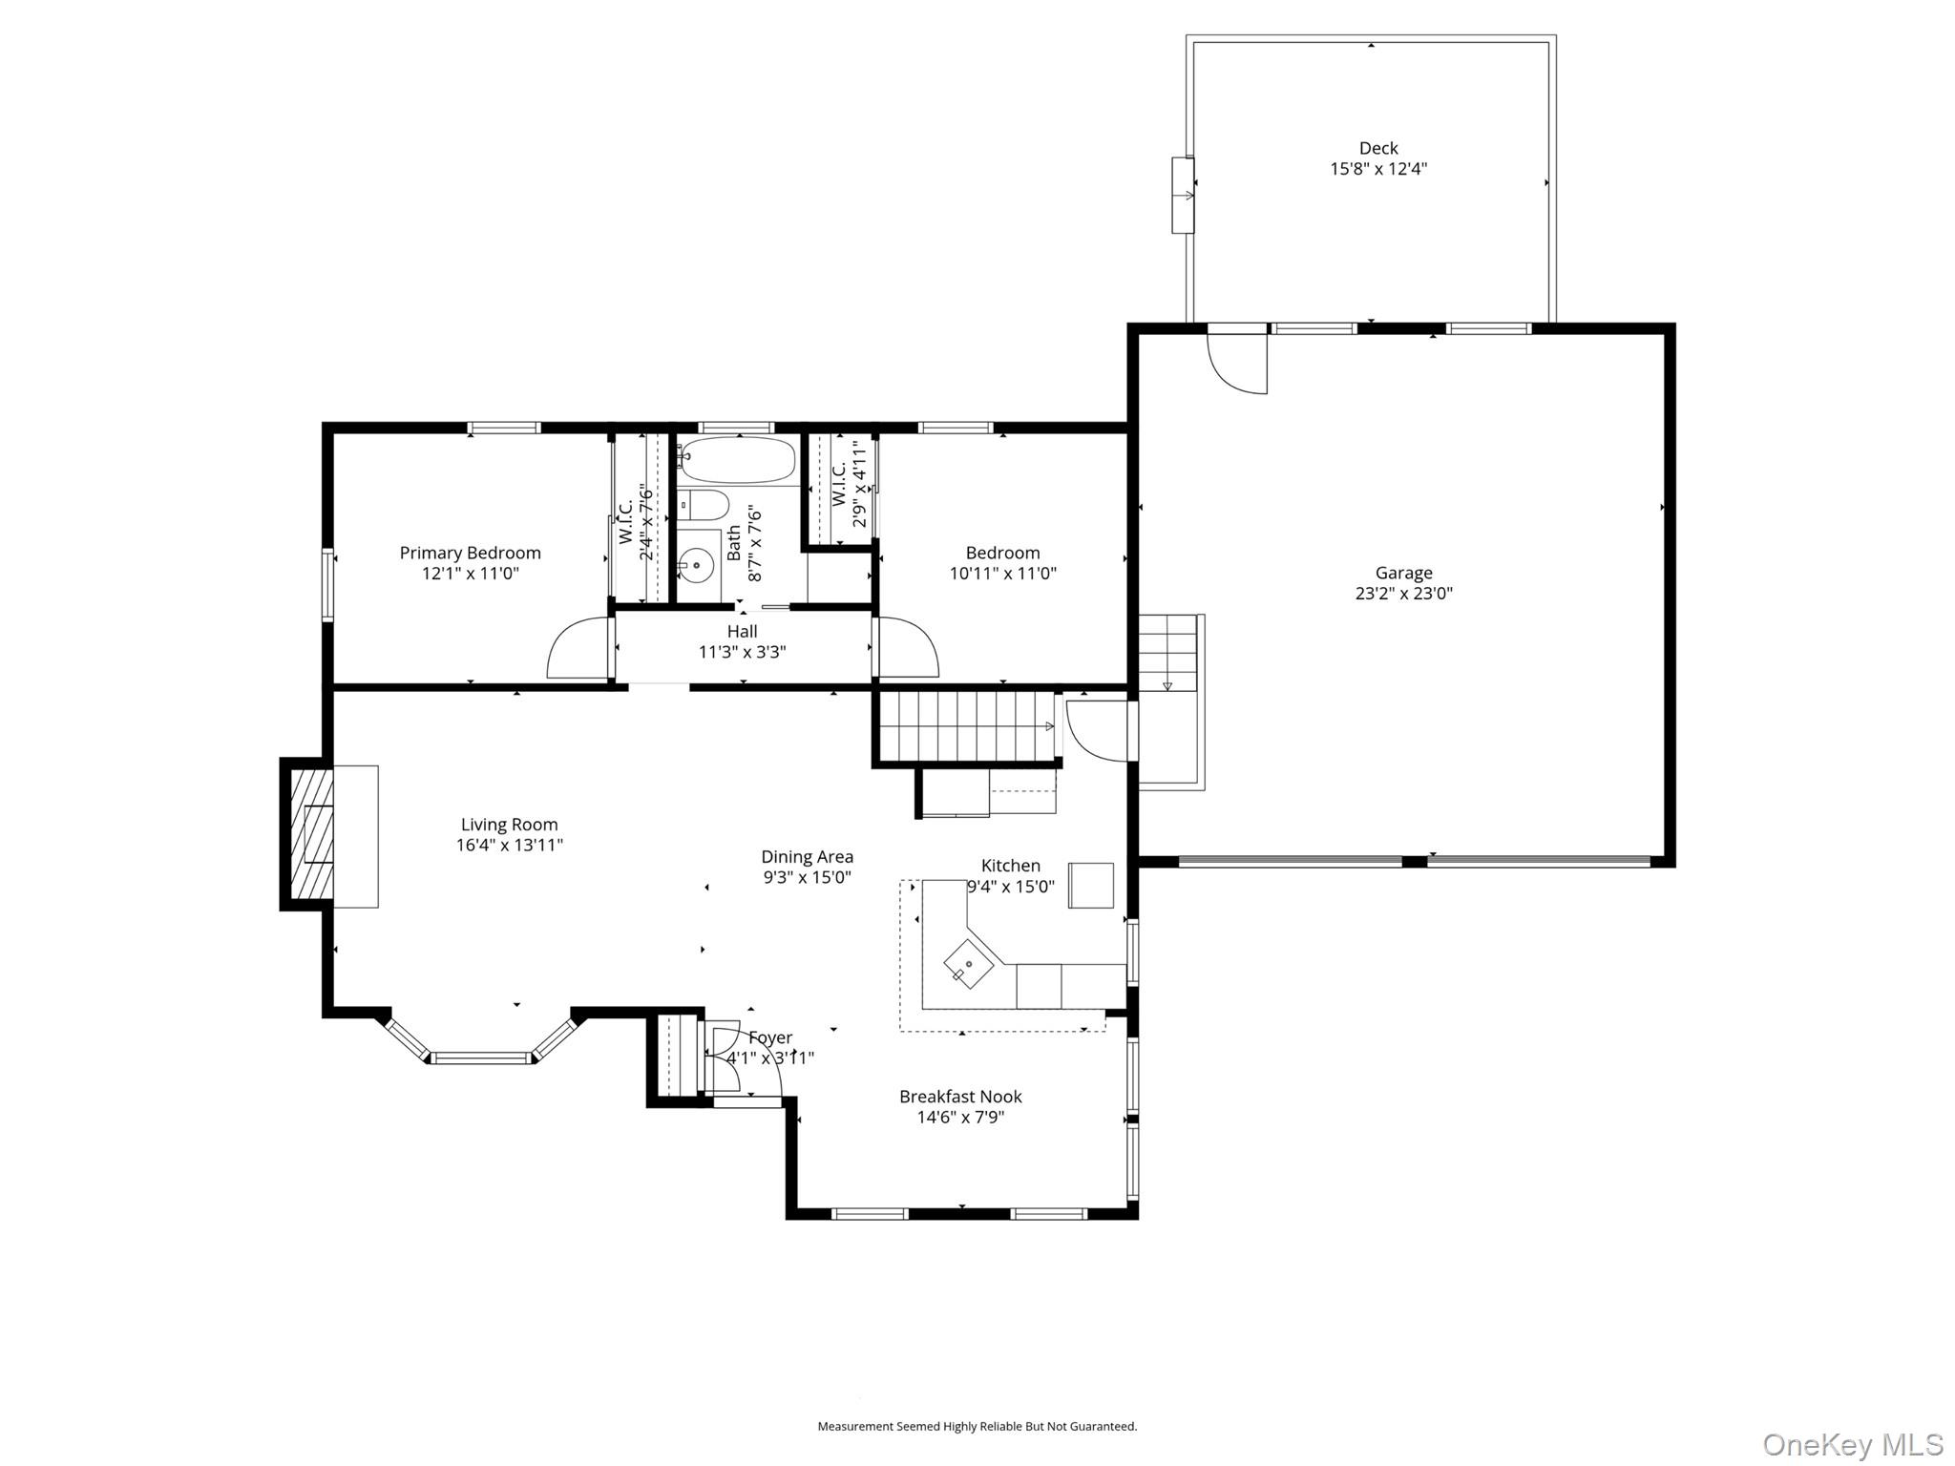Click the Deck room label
pyautogui.click(x=1377, y=148)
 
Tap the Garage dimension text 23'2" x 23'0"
pyautogui.click(x=1403, y=593)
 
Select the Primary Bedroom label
pyautogui.click(x=470, y=553)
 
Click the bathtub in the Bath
pyautogui.click(x=738, y=461)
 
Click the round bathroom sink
pyautogui.click(x=697, y=566)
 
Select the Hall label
pyautogui.click(x=742, y=632)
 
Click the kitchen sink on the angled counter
pyautogui.click(x=968, y=964)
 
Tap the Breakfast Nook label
pyautogui.click(x=960, y=1097)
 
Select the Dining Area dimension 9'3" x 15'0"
pyautogui.click(x=807, y=877)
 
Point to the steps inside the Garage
pyautogui.click(x=1167, y=654)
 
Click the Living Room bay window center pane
pyautogui.click(x=481, y=1058)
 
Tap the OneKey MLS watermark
pyautogui.click(x=1852, y=1444)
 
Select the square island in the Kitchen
pyautogui.click(x=1090, y=885)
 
